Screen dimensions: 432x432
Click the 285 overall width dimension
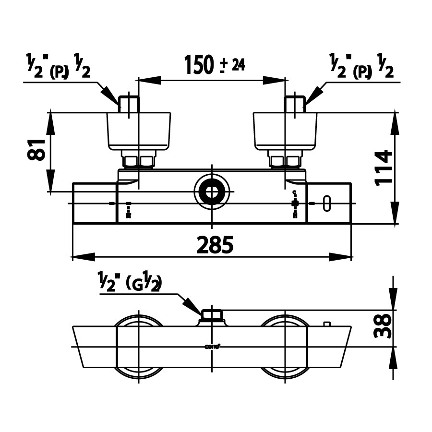[215, 245]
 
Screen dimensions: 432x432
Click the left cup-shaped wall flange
[139, 131]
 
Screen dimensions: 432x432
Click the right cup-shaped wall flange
[285, 131]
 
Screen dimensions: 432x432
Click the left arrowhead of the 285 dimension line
[77, 256]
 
